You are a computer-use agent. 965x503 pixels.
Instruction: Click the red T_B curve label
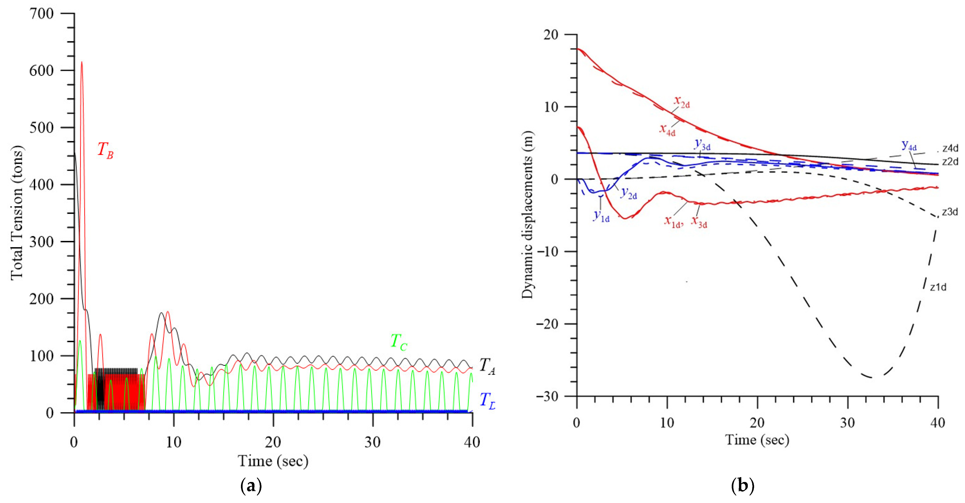pyautogui.click(x=105, y=150)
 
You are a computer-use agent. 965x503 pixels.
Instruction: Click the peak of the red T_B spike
pyautogui.click(x=82, y=62)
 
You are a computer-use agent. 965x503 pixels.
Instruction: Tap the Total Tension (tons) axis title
pyautogui.click(x=17, y=213)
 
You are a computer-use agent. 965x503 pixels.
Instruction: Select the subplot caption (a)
pyautogui.click(x=251, y=486)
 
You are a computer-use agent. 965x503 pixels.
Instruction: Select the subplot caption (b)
pyautogui.click(x=742, y=486)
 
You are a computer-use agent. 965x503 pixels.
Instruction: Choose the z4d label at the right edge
pyautogui.click(x=950, y=148)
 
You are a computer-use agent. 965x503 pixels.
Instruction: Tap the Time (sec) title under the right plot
pyautogui.click(x=757, y=440)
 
